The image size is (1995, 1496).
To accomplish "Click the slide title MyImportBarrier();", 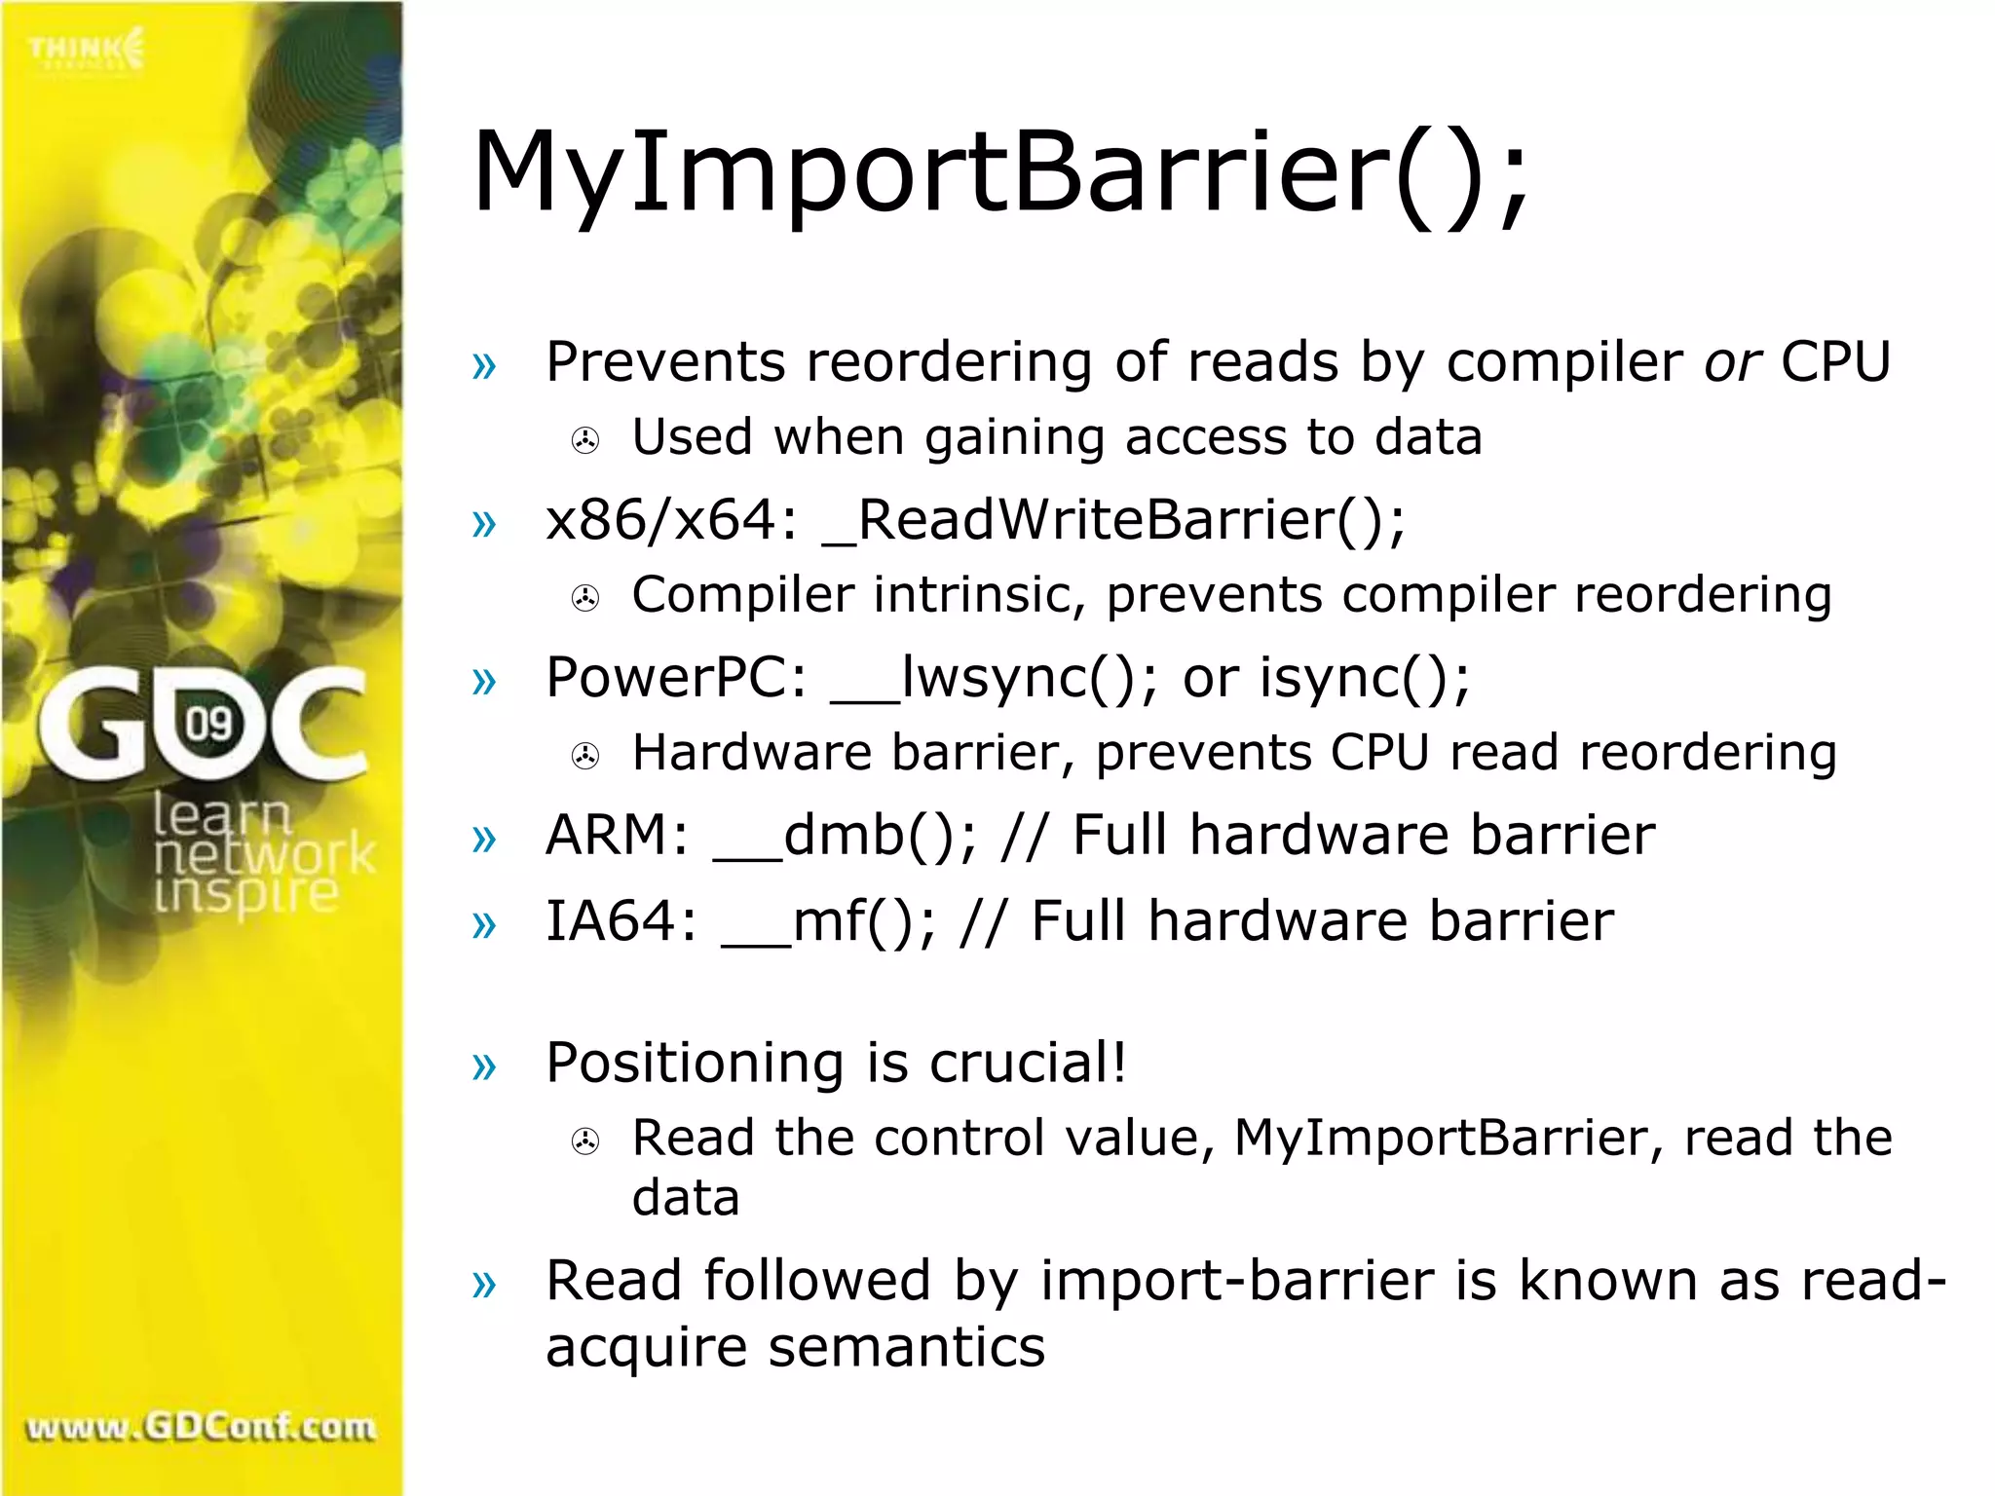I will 1000,173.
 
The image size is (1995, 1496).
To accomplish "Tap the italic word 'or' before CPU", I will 1731,362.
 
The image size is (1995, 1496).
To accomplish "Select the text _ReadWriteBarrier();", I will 1113,520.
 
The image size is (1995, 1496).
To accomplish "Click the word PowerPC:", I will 676,678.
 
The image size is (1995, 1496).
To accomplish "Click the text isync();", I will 1364,678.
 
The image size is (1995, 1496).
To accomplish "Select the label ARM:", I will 618,836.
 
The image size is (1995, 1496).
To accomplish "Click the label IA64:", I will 621,921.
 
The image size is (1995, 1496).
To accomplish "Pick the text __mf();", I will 828,921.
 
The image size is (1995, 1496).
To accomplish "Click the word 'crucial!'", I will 1028,1063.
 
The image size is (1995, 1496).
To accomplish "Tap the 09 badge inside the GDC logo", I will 209,724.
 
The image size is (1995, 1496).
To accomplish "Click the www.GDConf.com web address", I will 201,1428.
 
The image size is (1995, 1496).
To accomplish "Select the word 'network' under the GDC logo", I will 264,855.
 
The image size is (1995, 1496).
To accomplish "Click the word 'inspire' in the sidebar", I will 245,894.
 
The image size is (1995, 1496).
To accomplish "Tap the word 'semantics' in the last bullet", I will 906,1348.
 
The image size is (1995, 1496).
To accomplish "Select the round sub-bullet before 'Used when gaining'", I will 584,441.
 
